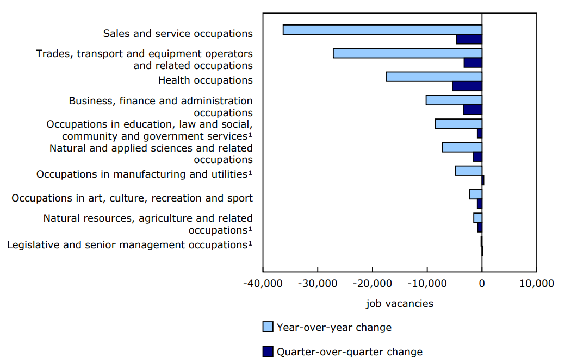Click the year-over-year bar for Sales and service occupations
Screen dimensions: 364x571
(x=382, y=29)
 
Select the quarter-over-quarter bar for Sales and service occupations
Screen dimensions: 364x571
(x=469, y=39)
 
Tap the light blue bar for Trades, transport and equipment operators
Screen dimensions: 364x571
(x=407, y=53)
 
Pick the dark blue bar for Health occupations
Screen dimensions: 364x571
(x=467, y=86)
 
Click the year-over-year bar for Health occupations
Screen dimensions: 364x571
(x=433, y=77)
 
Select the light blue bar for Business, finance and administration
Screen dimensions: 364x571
(x=454, y=100)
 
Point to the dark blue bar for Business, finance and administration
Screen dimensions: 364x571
(x=472, y=110)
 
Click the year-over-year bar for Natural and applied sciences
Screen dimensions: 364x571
(x=462, y=147)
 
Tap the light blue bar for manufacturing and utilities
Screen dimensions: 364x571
(x=468, y=171)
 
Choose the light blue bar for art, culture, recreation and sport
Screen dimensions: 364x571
(x=475, y=194)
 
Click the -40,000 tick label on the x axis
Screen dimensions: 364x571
(x=263, y=283)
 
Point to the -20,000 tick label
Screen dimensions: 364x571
(x=372, y=283)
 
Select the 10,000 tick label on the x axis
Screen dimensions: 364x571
(x=536, y=283)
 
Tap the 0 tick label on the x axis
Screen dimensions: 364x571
(x=482, y=283)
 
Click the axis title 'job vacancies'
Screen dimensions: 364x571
(x=400, y=304)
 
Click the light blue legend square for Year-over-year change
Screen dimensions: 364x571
(x=268, y=327)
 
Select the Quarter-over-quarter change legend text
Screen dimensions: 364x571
(x=350, y=352)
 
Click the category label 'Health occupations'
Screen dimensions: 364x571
(x=205, y=80)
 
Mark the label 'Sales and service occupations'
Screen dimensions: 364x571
(x=178, y=34)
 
